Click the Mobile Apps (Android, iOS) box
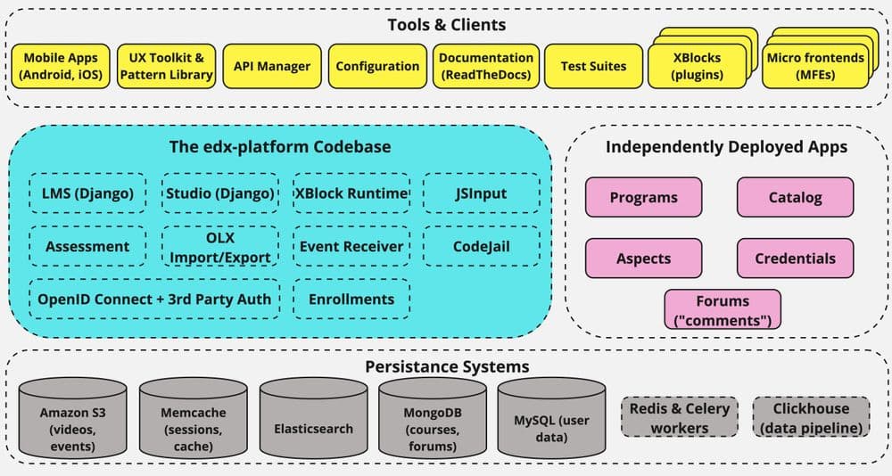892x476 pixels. (61, 66)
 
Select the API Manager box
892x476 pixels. (272, 66)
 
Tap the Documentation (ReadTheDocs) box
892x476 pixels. (485, 66)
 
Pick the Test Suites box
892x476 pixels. (593, 66)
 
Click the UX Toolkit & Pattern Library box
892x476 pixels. (166, 66)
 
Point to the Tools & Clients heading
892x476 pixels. (447, 24)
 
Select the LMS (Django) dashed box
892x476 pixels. (87, 193)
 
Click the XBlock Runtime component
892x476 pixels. (351, 193)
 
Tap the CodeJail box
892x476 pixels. (481, 246)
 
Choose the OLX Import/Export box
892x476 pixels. (219, 246)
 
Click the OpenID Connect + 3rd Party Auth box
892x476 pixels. (153, 299)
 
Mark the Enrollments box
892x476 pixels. (351, 299)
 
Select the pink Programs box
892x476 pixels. (643, 198)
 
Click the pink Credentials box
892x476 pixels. (795, 259)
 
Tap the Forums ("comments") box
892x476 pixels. (723, 309)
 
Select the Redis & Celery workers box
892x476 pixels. (680, 417)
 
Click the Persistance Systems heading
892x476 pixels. (447, 366)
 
